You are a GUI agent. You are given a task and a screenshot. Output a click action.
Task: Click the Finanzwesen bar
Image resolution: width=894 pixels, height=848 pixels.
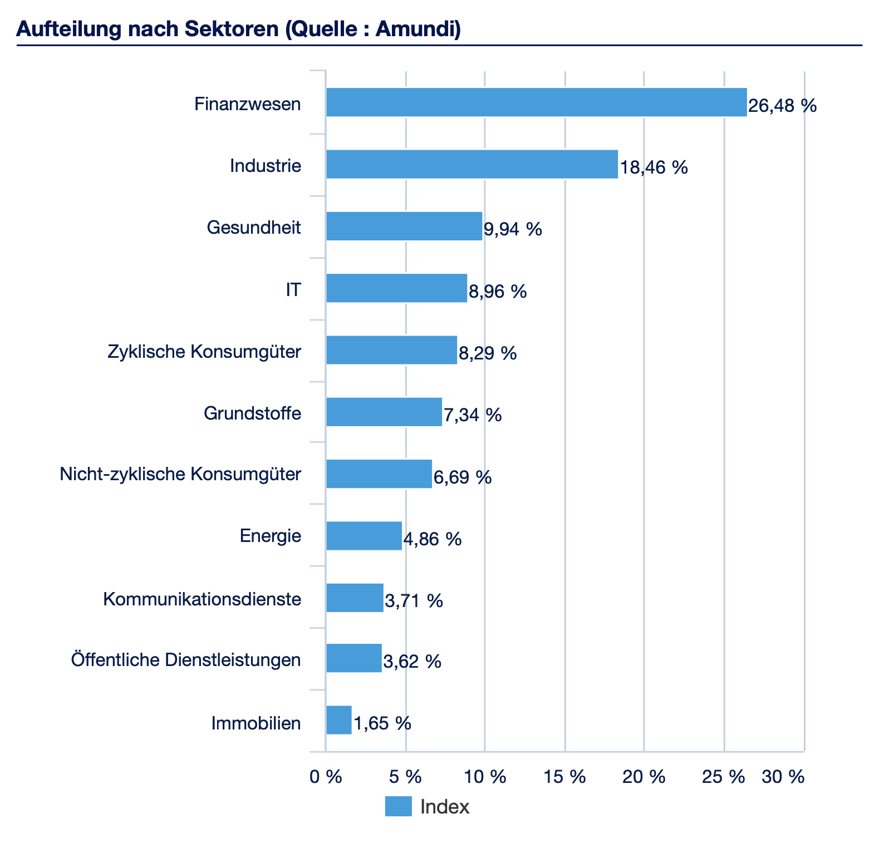tap(536, 102)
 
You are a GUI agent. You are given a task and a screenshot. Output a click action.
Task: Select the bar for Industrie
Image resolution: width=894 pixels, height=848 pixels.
tap(471, 164)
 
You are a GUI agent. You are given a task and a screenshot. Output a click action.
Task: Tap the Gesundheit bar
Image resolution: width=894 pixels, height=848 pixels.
tap(404, 226)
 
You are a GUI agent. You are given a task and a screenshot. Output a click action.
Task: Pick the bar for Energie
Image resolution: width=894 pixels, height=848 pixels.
tap(364, 536)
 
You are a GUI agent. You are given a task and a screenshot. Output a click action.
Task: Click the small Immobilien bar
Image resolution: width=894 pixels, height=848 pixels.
tap(338, 720)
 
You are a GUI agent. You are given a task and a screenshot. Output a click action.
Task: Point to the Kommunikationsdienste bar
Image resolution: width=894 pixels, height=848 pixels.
tap(355, 598)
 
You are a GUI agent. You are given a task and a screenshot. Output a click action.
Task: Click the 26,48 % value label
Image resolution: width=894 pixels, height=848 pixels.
tap(782, 106)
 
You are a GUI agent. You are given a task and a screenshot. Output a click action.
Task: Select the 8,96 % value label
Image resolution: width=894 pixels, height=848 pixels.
tap(498, 291)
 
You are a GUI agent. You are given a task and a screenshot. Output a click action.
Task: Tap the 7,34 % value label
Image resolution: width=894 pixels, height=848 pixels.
tap(473, 415)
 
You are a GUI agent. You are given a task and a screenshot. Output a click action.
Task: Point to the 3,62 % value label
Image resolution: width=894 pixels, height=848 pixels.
tap(412, 662)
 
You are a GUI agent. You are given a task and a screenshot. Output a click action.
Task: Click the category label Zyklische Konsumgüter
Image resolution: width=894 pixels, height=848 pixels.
tap(204, 352)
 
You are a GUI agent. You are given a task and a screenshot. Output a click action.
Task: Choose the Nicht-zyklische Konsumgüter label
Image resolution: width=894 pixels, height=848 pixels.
tap(180, 474)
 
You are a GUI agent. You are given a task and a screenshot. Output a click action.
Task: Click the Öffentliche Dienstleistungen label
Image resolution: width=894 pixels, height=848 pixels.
tap(186, 660)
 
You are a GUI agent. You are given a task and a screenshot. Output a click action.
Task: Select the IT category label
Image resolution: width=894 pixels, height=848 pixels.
tap(293, 290)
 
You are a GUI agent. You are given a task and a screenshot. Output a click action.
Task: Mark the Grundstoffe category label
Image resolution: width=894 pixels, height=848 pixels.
tap(252, 413)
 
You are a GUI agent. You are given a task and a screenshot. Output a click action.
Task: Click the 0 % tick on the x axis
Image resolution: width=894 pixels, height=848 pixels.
tap(326, 777)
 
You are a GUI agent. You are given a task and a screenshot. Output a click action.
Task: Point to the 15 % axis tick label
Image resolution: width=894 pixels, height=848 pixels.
tap(564, 777)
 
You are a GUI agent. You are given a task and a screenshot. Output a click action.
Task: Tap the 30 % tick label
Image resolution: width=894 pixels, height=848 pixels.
tap(783, 777)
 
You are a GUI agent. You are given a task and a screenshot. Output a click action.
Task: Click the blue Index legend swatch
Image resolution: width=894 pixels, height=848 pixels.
tap(398, 806)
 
